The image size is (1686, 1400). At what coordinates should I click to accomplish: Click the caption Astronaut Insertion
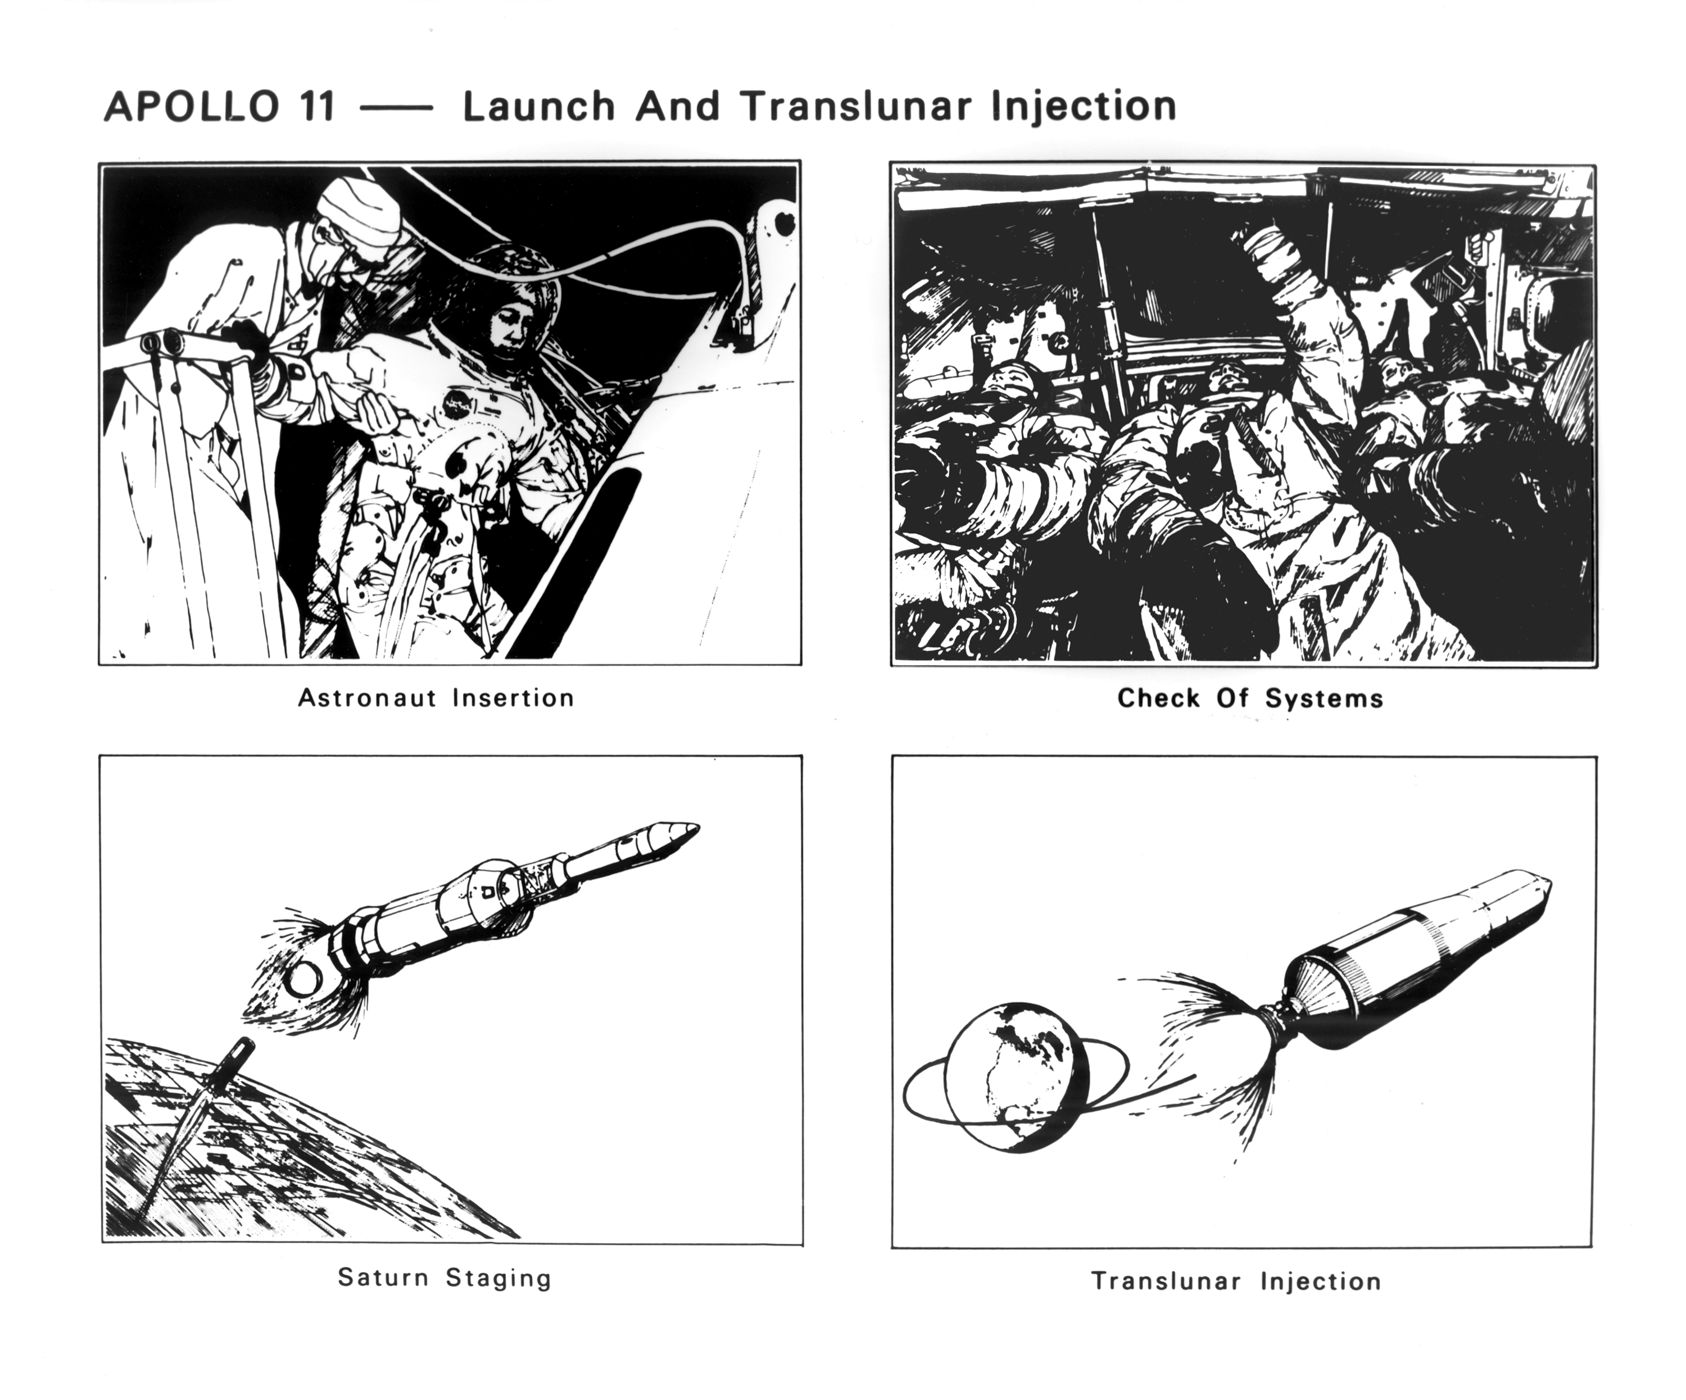tap(436, 698)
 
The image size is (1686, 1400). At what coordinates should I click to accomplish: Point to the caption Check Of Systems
tap(1250, 698)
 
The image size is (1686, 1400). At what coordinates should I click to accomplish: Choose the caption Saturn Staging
tap(445, 1277)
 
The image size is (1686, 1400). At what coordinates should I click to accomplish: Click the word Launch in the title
tap(539, 107)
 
